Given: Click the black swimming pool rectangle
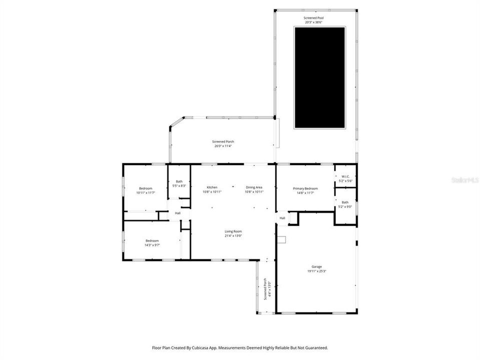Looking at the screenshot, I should pyautogui.click(x=319, y=77).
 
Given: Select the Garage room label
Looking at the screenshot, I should pyautogui.click(x=316, y=267).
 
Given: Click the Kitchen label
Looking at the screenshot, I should pyautogui.click(x=212, y=187).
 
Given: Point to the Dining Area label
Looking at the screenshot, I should pyautogui.click(x=254, y=187).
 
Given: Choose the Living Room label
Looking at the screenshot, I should pyautogui.click(x=233, y=231).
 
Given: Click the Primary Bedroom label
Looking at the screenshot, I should pyautogui.click(x=305, y=188).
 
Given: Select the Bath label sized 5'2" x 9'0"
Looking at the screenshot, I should pyautogui.click(x=345, y=202).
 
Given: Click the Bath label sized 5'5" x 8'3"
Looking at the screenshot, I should pyautogui.click(x=179, y=181).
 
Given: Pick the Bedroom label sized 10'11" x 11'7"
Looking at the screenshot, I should pyautogui.click(x=145, y=188).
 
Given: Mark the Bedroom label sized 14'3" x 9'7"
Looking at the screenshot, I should pyautogui.click(x=152, y=240).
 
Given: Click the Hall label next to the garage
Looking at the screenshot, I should pyautogui.click(x=282, y=218).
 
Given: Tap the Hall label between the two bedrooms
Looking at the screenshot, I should pyautogui.click(x=177, y=213).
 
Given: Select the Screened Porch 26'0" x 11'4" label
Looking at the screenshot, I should pyautogui.click(x=223, y=141).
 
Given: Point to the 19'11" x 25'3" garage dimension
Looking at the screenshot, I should pyautogui.click(x=316, y=271).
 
